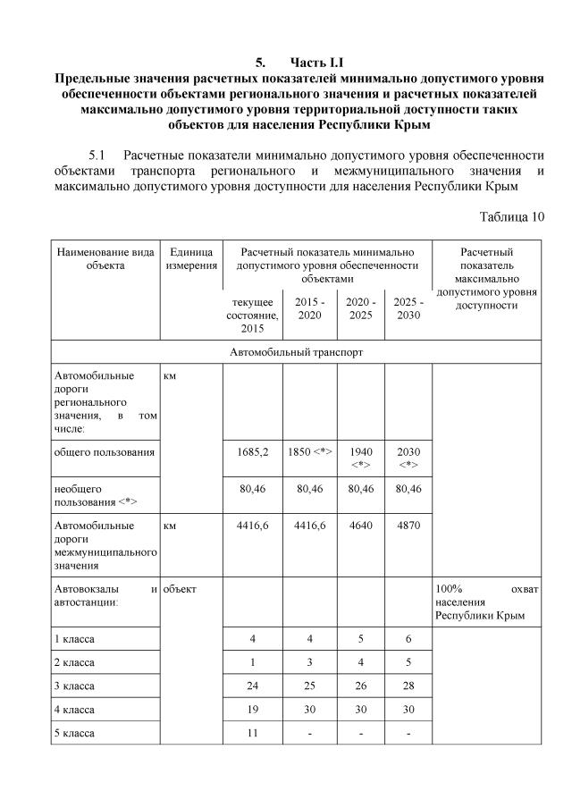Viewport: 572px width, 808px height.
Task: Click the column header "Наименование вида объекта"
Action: (x=105, y=258)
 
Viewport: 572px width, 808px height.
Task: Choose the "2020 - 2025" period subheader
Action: (x=360, y=308)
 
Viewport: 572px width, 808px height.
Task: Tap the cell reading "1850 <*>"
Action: (x=309, y=451)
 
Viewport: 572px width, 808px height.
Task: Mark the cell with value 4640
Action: (x=360, y=526)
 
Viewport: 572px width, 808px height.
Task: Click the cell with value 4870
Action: (x=408, y=526)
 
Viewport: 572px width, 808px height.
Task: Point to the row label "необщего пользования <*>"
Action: (x=95, y=495)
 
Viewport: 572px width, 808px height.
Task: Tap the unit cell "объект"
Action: (x=180, y=589)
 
